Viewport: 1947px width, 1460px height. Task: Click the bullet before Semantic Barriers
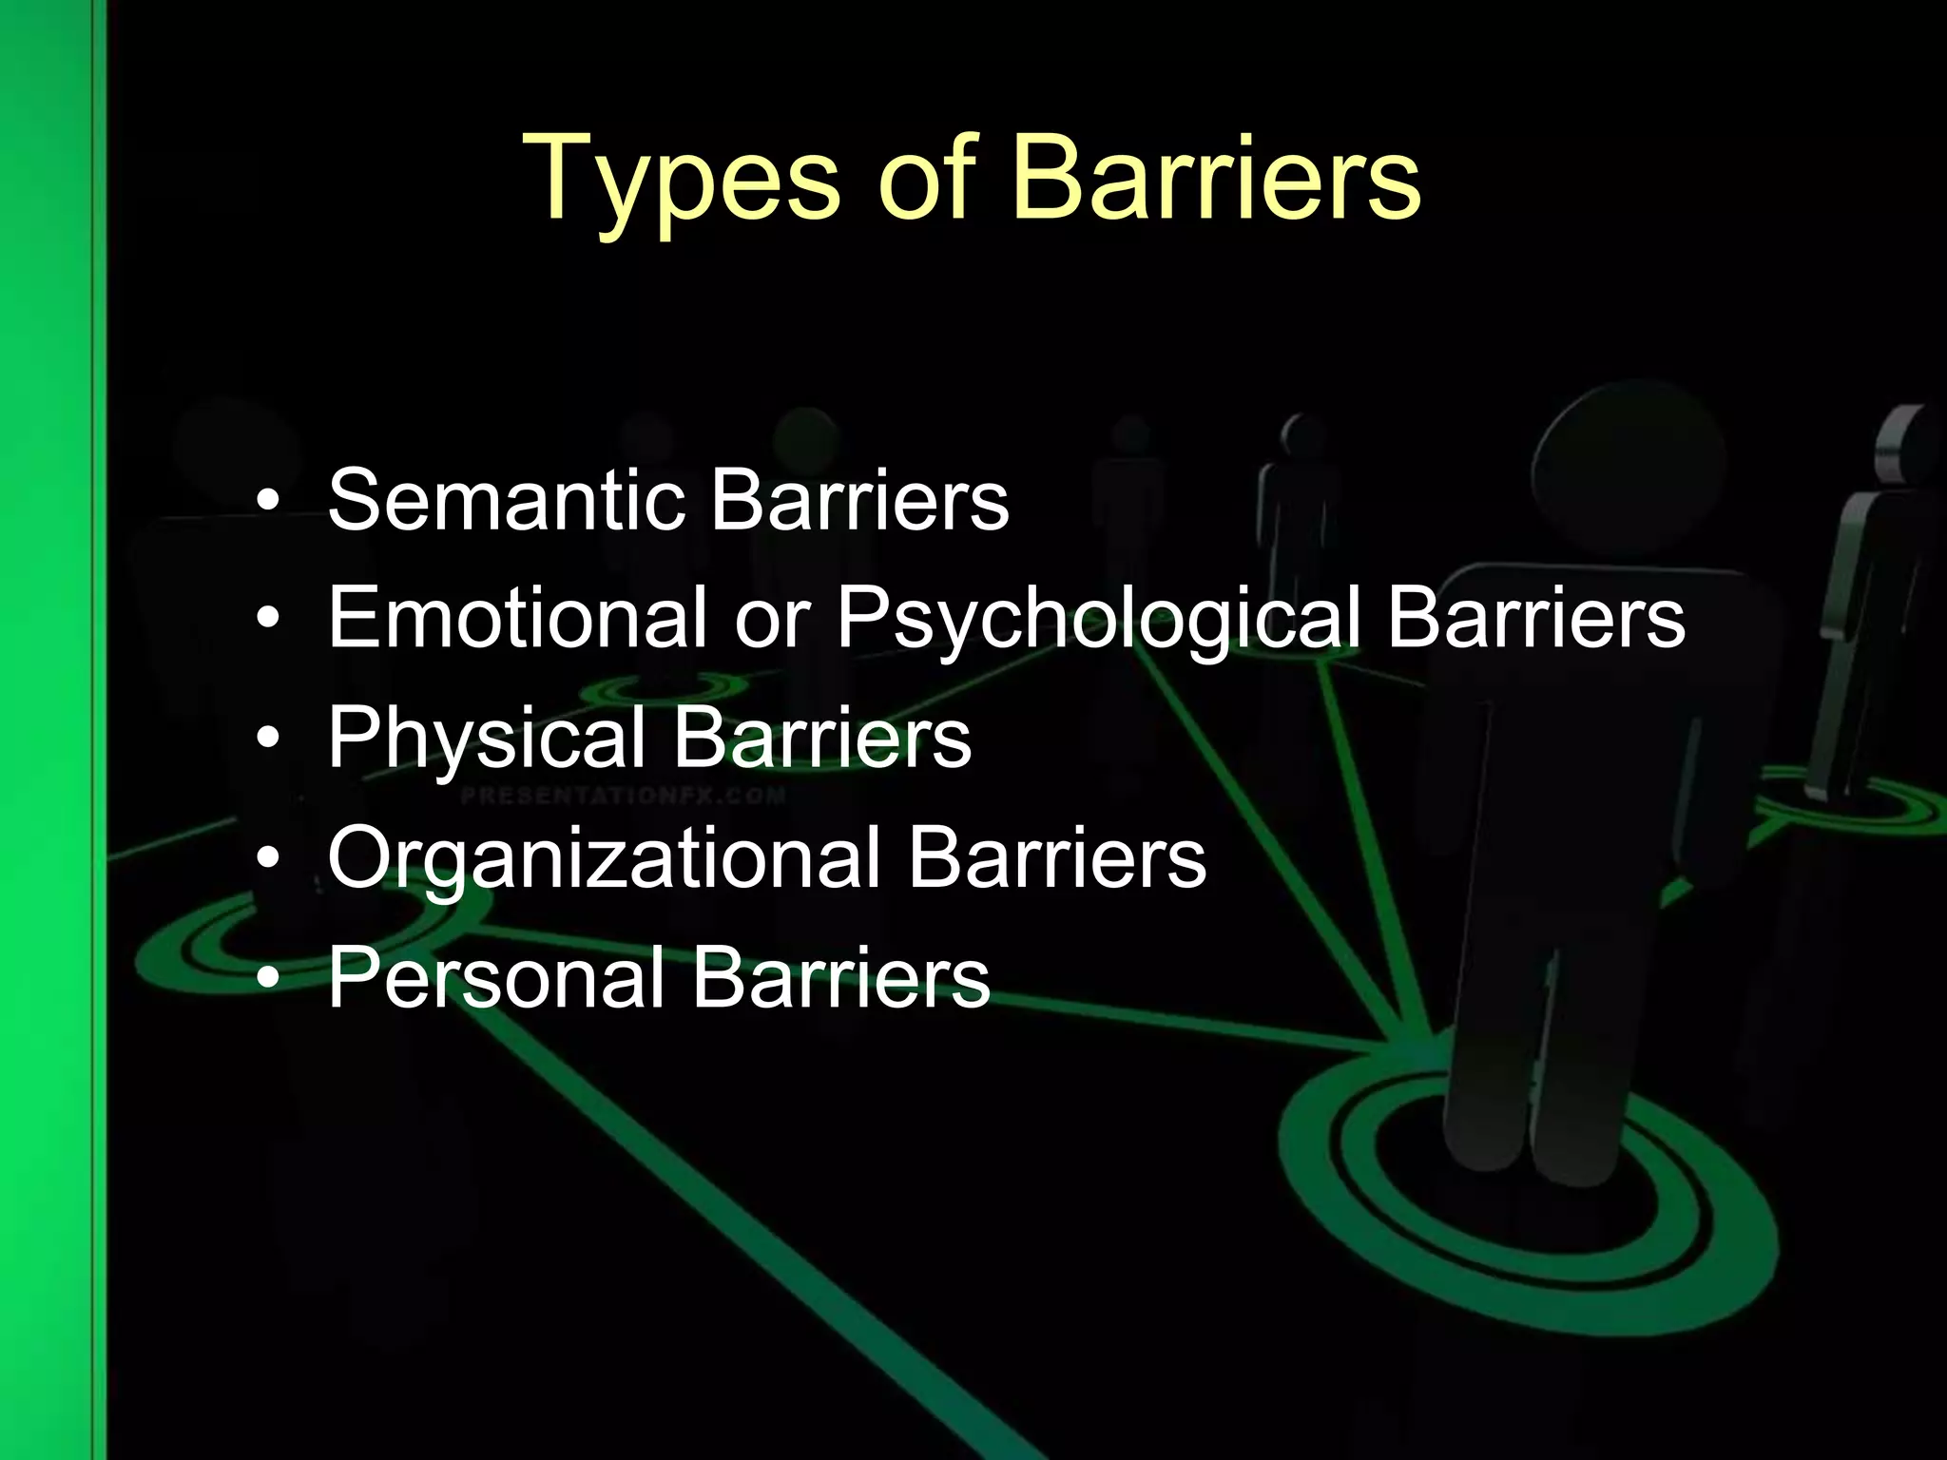271,502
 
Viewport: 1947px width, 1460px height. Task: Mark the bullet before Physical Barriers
271,740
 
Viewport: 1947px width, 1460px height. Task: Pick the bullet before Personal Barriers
271,978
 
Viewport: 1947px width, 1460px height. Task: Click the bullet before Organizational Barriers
271,859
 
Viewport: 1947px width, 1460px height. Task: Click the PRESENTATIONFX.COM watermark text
623,796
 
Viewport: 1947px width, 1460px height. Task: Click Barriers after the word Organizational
1057,858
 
